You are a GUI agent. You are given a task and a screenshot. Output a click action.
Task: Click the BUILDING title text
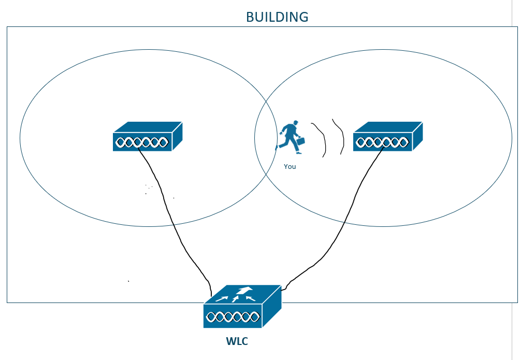(x=277, y=17)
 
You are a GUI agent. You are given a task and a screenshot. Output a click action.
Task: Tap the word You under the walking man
(x=290, y=167)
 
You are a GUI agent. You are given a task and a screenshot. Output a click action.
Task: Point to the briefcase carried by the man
(x=300, y=140)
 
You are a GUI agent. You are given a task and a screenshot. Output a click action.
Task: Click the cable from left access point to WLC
(x=171, y=218)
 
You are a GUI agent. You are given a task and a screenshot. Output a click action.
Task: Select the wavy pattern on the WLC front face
(x=233, y=316)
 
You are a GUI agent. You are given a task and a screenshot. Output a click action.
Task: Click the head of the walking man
(x=295, y=123)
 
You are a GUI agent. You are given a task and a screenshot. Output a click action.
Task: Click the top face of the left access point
(x=148, y=127)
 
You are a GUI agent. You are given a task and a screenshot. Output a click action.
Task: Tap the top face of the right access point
(x=388, y=127)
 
